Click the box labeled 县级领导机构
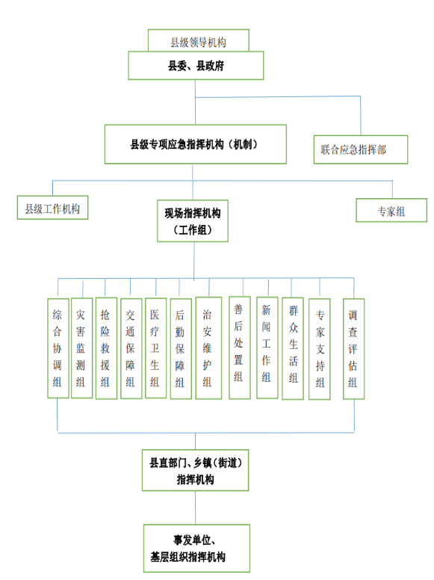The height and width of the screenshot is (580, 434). (198, 40)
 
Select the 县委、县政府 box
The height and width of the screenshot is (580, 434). (196, 66)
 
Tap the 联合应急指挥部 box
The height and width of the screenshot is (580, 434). (361, 149)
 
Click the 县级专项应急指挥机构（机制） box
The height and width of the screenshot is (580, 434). (196, 144)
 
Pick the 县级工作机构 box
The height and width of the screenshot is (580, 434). (52, 208)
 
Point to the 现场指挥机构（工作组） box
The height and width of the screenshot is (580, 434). (193, 220)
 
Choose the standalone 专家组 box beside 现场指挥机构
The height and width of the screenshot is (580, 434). (391, 210)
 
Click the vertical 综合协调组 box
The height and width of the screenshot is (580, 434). (58, 348)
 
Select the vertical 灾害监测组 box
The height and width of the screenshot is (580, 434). (81, 348)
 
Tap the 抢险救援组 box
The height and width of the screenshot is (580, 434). (107, 348)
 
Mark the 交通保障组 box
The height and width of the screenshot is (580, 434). (131, 348)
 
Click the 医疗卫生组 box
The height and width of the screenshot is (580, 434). (155, 348)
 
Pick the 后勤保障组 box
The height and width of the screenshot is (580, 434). (181, 348)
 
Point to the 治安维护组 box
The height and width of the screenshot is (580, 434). (208, 348)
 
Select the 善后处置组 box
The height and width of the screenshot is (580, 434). (240, 348)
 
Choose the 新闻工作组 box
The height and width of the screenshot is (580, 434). (267, 348)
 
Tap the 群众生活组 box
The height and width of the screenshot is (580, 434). (293, 348)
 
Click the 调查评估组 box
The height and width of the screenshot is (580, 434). (354, 348)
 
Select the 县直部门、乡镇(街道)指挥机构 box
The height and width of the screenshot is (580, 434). (195, 470)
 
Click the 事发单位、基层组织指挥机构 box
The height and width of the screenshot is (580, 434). (196, 548)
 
